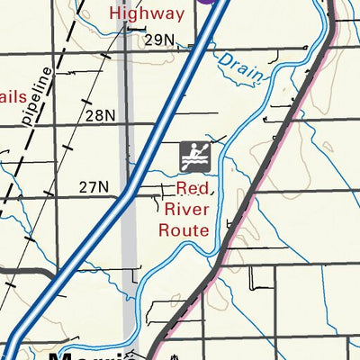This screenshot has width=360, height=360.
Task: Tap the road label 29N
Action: [x=158, y=40]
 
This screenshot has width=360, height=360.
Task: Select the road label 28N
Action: [x=101, y=115]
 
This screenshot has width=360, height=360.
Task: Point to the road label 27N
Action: [x=94, y=187]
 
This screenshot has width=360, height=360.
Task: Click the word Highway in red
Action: [x=147, y=13]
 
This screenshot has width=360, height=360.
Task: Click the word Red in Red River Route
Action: [x=193, y=189]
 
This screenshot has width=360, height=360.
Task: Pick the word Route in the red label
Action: [x=184, y=229]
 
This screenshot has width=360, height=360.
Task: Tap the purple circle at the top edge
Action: [x=209, y=3]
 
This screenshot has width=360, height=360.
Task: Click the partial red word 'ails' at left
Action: [x=13, y=95]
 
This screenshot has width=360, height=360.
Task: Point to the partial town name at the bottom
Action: [x=90, y=355]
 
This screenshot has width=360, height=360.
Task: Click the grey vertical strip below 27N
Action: [x=130, y=243]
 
